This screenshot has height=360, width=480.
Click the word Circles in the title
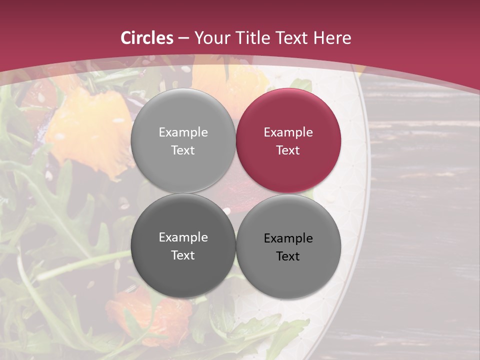[147, 38]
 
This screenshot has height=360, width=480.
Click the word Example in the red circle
[288, 132]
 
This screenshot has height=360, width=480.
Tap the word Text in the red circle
[288, 150]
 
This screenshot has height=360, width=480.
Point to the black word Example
[288, 238]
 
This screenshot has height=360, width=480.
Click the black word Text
[288, 256]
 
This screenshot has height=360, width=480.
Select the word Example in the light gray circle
[183, 132]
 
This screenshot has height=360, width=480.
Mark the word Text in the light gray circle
[183, 150]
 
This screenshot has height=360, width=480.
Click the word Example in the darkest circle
[183, 237]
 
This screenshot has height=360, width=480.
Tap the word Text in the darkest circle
[183, 255]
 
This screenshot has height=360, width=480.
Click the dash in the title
[183, 38]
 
